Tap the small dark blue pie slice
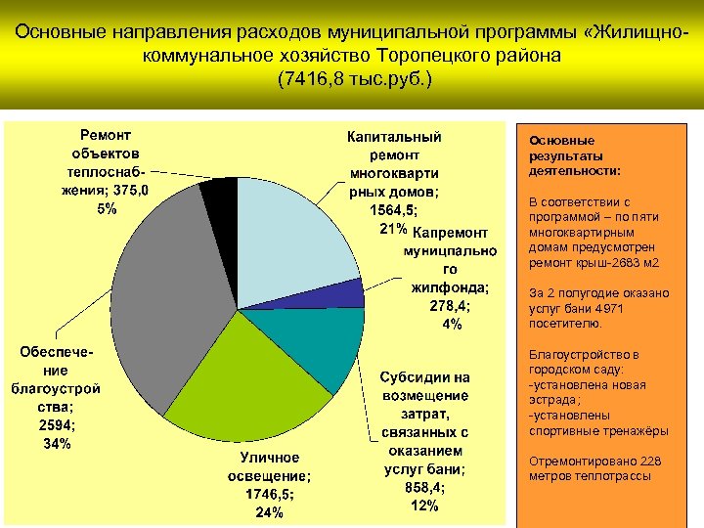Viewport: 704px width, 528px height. click(x=347, y=293)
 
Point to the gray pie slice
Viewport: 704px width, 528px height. click(x=156, y=293)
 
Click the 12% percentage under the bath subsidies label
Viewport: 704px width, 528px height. click(x=424, y=506)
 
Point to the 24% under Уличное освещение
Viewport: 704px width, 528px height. click(x=270, y=512)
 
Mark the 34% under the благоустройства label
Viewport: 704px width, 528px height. click(x=57, y=444)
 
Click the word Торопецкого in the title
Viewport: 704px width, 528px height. click(x=410, y=56)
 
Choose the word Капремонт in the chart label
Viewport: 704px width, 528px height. click(x=450, y=233)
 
